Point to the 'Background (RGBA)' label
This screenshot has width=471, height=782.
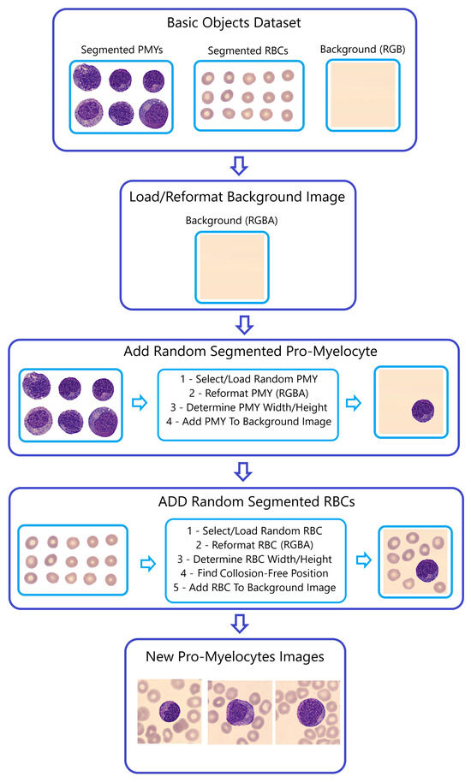(x=233, y=221)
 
